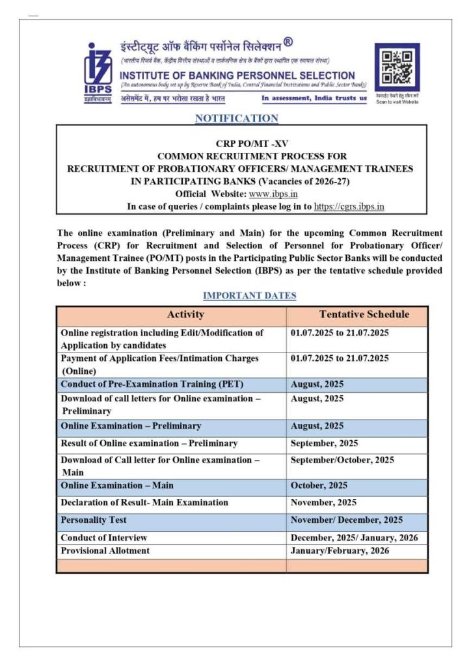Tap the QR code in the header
396,68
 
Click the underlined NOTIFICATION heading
236,118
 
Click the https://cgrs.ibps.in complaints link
349,206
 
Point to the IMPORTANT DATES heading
249,296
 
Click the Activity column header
185,315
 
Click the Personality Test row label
94,520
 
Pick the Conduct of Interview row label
103,538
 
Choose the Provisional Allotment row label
105,551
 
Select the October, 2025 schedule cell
319,486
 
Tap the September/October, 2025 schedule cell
342,460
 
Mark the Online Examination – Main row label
117,486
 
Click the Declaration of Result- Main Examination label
144,503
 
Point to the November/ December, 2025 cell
346,520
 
